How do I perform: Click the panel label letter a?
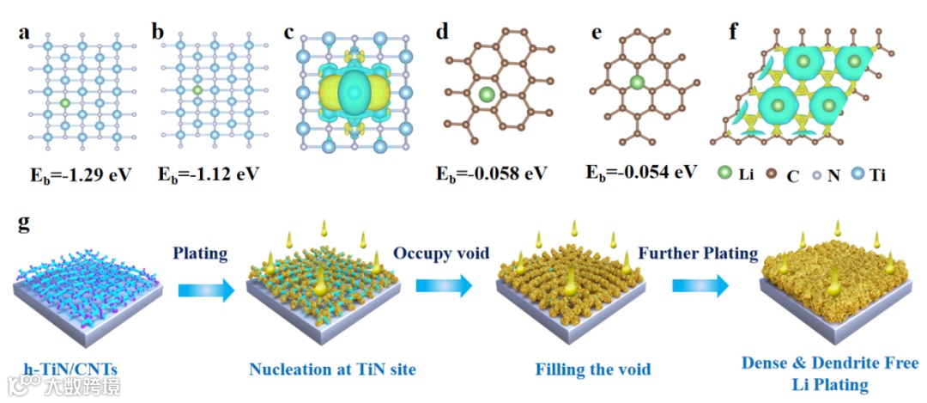coord(25,33)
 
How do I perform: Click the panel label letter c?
coord(289,33)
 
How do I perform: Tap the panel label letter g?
coord(25,224)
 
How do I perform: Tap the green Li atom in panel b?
coord(197,89)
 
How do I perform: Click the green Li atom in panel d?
coord(487,94)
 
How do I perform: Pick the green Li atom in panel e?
coord(637,82)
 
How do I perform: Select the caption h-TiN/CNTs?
coord(66,370)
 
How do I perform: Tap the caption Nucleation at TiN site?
coord(332,370)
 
